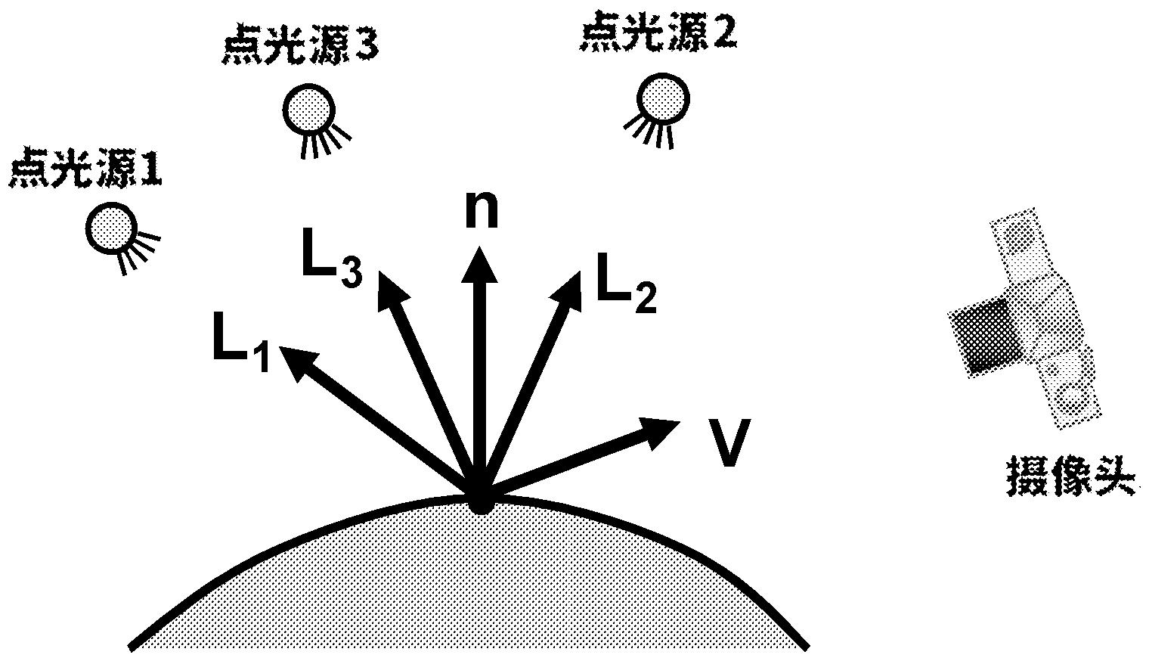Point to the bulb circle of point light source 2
[x=663, y=97]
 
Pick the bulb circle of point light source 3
[x=308, y=109]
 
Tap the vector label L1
[x=240, y=348]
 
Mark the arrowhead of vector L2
[x=569, y=290]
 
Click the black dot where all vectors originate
[x=480, y=501]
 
